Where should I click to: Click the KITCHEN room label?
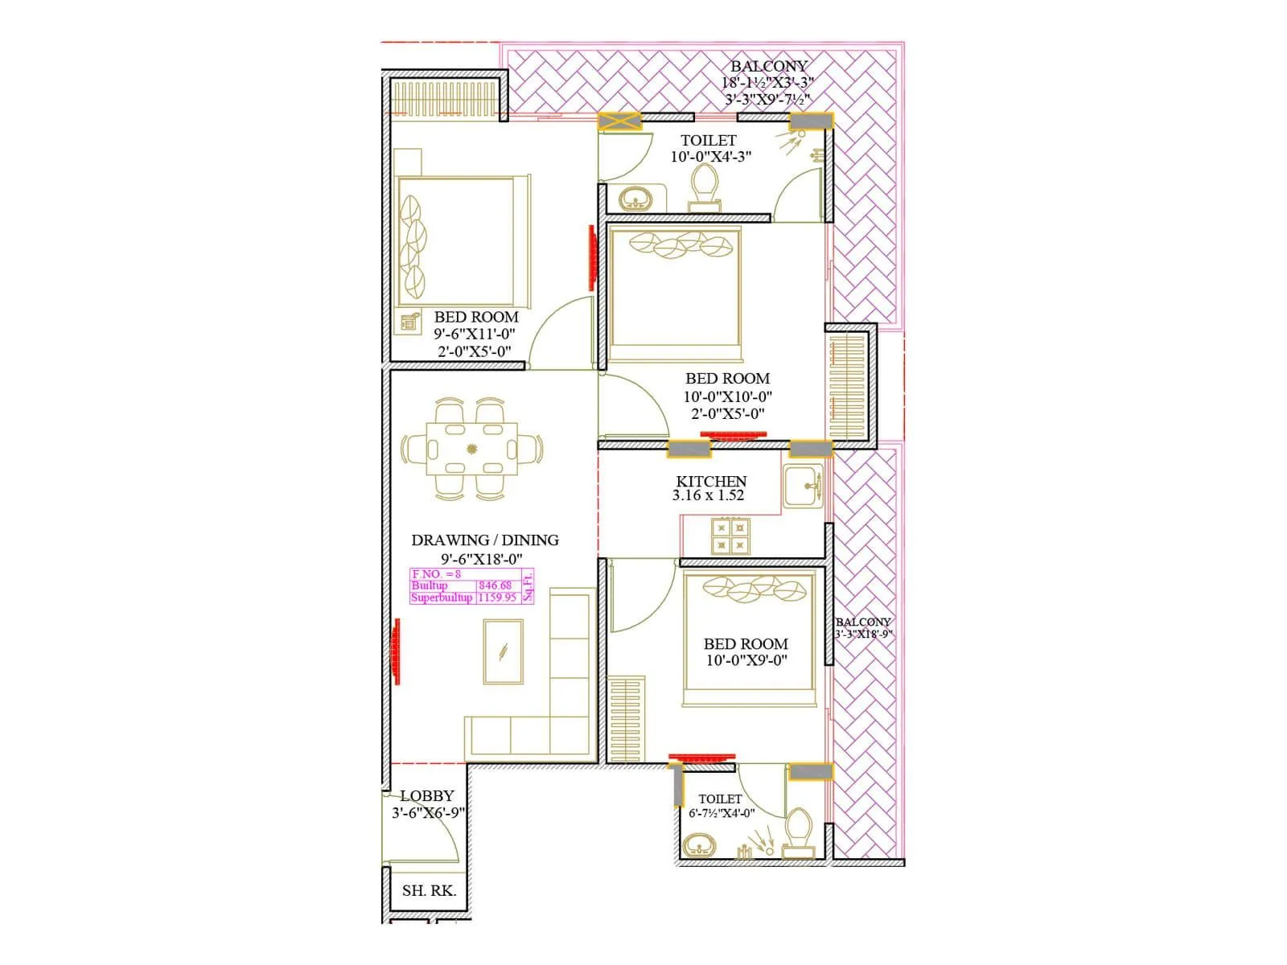pyautogui.click(x=711, y=481)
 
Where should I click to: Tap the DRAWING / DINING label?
pyautogui.click(x=484, y=540)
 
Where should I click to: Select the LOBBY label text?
pyautogui.click(x=427, y=795)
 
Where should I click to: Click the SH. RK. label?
pyautogui.click(x=429, y=890)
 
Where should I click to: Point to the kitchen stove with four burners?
pyautogui.click(x=730, y=536)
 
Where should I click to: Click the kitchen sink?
pyautogui.click(x=803, y=486)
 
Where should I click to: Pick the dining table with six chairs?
pyautogui.click(x=471, y=449)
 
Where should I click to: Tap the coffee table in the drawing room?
pyautogui.click(x=504, y=651)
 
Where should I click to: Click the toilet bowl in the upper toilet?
pyautogui.click(x=705, y=184)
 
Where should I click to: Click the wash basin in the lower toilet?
pyautogui.click(x=701, y=846)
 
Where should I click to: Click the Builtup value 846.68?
pyautogui.click(x=495, y=585)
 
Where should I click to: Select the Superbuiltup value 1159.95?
pyautogui.click(x=497, y=597)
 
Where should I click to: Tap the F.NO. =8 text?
pyautogui.click(x=437, y=574)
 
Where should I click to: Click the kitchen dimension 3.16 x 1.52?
pyautogui.click(x=708, y=495)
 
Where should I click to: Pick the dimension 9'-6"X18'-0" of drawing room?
pyautogui.click(x=481, y=559)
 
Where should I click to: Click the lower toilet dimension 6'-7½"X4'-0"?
pyautogui.click(x=722, y=813)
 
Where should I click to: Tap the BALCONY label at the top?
pyautogui.click(x=768, y=66)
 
